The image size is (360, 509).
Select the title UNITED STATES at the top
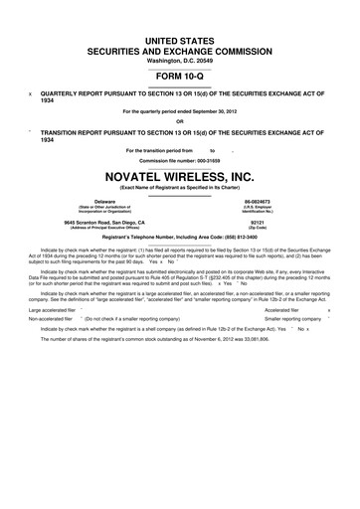coord(179,36)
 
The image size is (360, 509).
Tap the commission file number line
coord(179,160)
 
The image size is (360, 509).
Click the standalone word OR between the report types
coord(179,122)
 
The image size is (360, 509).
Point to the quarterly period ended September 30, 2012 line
coord(179,111)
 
